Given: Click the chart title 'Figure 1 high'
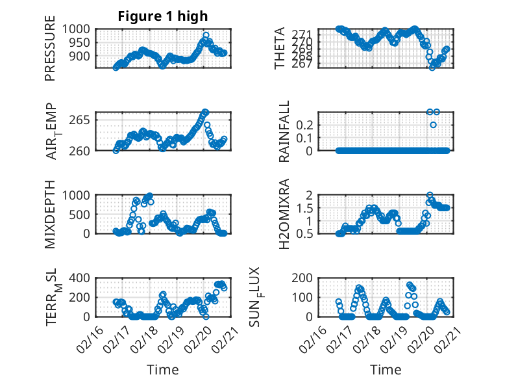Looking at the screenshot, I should (163, 16).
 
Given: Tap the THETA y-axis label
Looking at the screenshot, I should (280, 48).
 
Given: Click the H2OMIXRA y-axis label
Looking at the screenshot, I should (284, 215).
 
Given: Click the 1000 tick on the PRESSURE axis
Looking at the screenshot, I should (77, 29).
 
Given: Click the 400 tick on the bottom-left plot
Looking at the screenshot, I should (81, 278).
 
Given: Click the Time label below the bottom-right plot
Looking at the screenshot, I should (386, 370).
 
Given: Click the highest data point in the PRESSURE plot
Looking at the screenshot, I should (206, 35).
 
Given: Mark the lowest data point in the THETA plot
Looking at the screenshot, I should (432, 68).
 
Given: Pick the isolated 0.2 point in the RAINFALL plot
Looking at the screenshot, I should (433, 125).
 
